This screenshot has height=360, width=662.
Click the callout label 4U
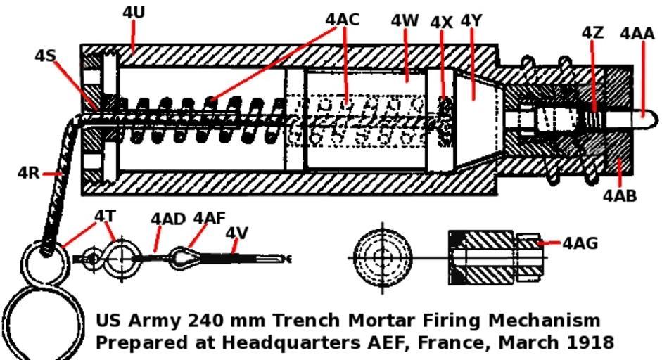(134, 12)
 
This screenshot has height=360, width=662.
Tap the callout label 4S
(45, 55)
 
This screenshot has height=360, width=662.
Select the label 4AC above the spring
(343, 19)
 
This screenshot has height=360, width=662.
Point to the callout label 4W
(405, 20)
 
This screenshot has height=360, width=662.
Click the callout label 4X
(442, 22)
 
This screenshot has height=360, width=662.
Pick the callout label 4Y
(471, 20)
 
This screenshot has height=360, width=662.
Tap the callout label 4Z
(592, 32)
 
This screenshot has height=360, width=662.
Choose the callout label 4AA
(637, 33)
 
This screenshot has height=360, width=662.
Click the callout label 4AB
(620, 195)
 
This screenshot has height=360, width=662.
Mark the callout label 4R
(29, 172)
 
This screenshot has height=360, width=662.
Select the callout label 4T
(105, 215)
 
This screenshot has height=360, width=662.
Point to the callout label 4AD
(167, 219)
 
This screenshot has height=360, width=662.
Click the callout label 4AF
(209, 217)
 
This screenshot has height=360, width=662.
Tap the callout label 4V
(237, 232)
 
